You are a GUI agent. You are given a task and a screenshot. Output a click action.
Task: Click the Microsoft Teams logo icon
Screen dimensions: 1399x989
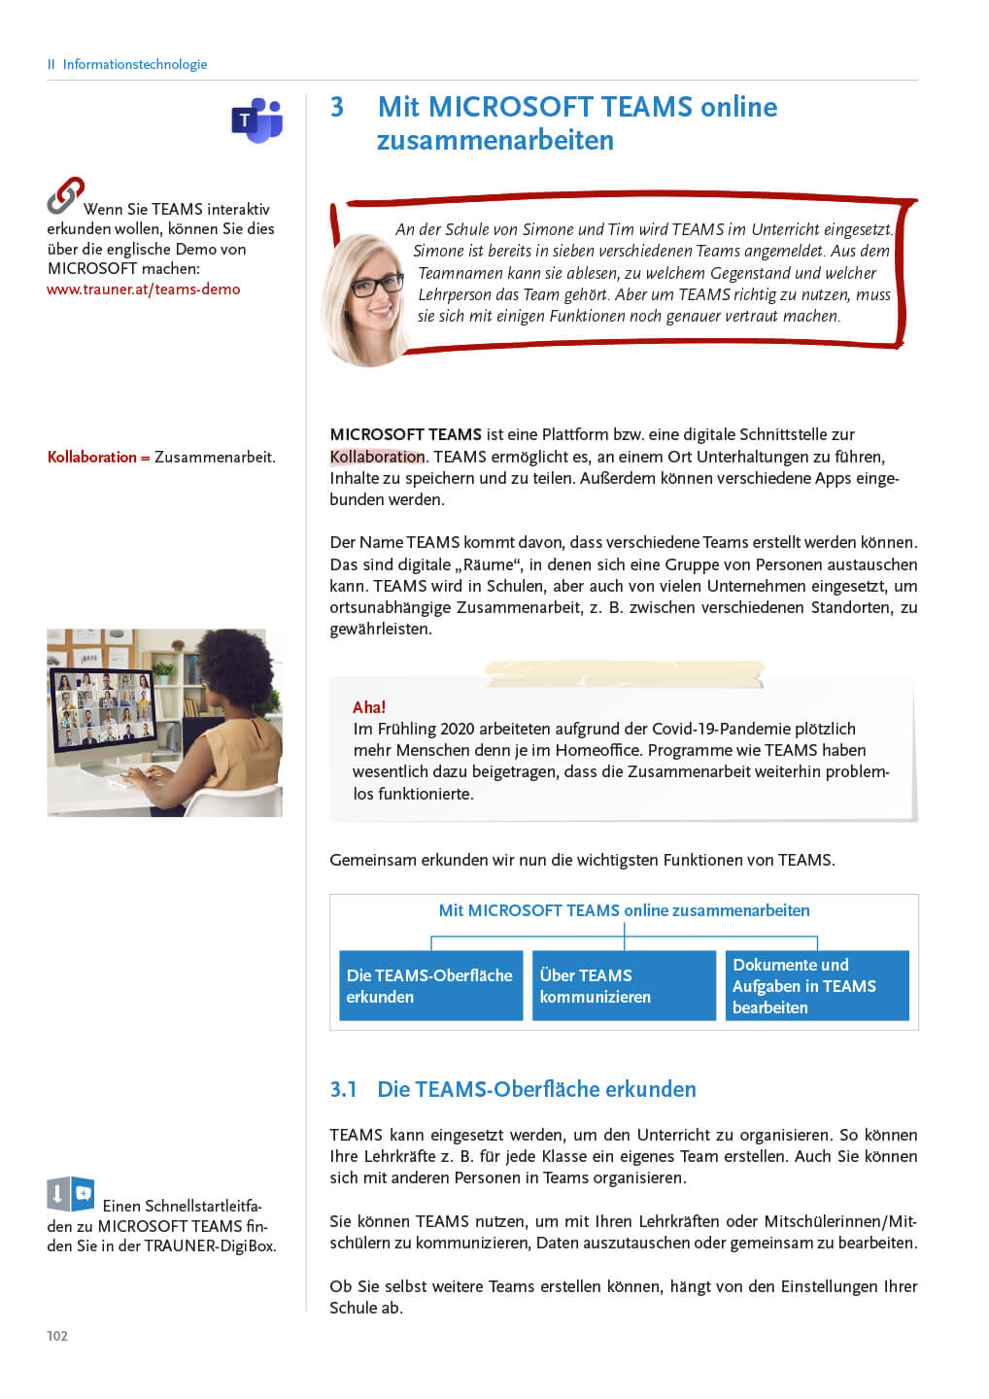coord(256,120)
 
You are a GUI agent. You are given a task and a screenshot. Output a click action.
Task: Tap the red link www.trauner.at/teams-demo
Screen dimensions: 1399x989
coord(144,290)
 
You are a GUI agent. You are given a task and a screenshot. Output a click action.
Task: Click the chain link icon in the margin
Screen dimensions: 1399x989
coord(65,195)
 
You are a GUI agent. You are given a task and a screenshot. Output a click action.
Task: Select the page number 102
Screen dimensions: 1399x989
coord(57,1336)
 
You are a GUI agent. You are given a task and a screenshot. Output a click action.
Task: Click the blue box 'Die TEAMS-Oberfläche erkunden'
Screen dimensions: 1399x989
coord(430,986)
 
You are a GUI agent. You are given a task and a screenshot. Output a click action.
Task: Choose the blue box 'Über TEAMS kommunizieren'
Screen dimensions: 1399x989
coord(624,986)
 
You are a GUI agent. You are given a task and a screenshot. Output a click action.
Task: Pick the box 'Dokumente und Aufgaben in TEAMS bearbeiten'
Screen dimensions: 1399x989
coord(816,986)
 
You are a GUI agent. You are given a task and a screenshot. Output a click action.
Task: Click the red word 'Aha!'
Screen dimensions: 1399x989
coord(369,707)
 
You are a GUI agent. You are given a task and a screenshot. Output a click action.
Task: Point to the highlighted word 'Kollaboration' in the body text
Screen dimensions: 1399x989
coord(377,457)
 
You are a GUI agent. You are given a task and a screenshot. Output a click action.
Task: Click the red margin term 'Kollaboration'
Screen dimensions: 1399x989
coord(92,457)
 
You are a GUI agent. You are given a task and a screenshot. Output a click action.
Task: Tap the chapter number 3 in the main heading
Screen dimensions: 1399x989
coord(337,107)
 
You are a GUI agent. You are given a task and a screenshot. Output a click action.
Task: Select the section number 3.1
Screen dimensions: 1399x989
coord(344,1089)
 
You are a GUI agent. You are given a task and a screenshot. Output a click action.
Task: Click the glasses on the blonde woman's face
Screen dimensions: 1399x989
coord(376,285)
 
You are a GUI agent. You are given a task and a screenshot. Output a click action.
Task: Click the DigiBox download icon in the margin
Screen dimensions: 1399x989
coord(70,1194)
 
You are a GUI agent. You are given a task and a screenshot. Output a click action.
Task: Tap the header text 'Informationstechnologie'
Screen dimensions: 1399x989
coord(135,64)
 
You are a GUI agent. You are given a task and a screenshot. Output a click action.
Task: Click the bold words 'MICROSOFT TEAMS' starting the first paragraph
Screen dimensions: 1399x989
coord(406,434)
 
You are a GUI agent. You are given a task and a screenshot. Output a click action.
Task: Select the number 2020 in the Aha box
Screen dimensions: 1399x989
coord(457,729)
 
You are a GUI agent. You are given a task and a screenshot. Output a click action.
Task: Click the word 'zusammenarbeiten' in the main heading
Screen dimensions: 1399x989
coord(495,141)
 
